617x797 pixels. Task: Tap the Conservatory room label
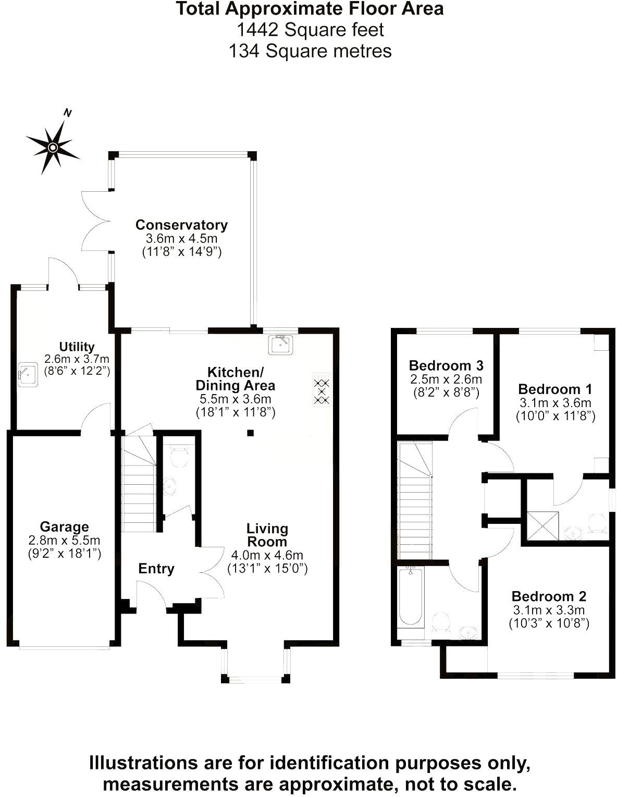(x=181, y=225)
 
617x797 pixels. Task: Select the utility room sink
(x=28, y=374)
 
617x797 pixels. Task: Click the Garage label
(x=64, y=527)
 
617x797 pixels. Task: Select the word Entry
(x=156, y=569)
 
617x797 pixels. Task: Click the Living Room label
(x=267, y=535)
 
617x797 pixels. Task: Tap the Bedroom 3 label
(x=446, y=365)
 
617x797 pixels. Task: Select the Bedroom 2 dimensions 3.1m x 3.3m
(x=548, y=610)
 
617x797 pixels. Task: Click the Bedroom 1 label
(x=556, y=389)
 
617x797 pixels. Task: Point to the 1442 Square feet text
(x=310, y=30)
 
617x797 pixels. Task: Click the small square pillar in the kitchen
(x=251, y=433)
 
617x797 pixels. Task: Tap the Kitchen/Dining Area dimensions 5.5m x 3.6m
(x=236, y=399)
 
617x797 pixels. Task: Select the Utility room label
(x=77, y=347)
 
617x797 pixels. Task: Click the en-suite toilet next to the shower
(x=596, y=523)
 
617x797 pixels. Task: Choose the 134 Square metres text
(x=310, y=51)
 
